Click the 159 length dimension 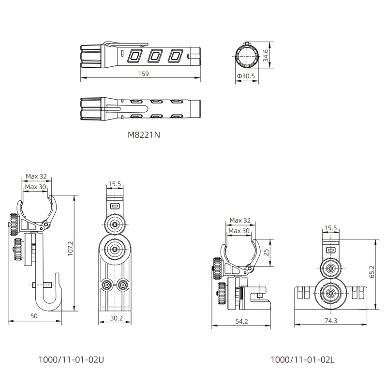(x=143, y=74)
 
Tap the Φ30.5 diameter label (x=246, y=76)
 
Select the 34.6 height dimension (x=265, y=56)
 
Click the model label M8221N (x=144, y=136)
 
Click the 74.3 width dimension (x=332, y=321)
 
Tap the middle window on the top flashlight (x=154, y=56)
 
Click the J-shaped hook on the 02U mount (x=48, y=295)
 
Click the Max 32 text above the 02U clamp (x=37, y=176)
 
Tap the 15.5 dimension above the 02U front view (x=115, y=184)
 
